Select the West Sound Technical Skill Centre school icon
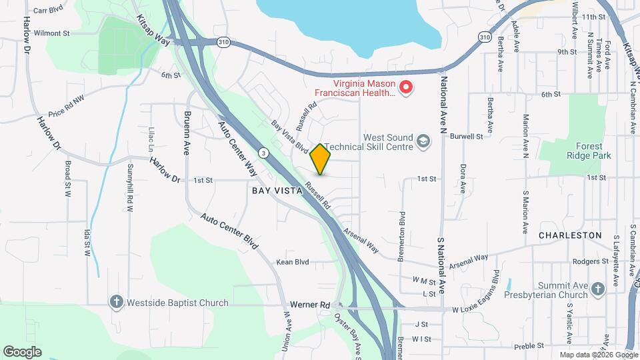click(x=423, y=141)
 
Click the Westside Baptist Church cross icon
click(x=117, y=303)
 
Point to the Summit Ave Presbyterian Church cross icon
click(x=597, y=289)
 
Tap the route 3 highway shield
click(x=265, y=153)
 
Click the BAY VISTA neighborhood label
click(x=277, y=190)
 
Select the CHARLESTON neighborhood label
click(x=570, y=235)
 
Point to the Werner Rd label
click(x=315, y=305)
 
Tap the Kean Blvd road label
click(x=293, y=263)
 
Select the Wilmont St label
click(x=51, y=33)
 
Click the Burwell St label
click(x=466, y=136)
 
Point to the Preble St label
click(x=530, y=345)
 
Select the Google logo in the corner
click(x=22, y=352)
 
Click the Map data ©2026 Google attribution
click(x=598, y=355)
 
